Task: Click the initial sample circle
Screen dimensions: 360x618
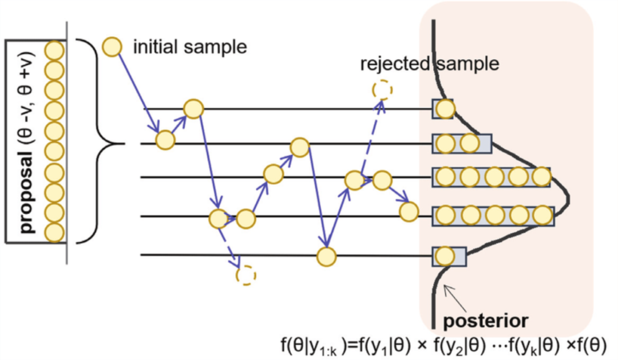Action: point(112,47)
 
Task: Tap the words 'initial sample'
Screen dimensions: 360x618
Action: point(190,47)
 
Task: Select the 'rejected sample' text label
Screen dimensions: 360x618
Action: point(429,64)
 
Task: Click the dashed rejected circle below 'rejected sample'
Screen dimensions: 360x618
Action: point(382,89)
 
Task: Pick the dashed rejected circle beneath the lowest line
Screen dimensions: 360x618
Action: point(246,275)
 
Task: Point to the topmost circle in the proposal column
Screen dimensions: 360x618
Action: point(54,50)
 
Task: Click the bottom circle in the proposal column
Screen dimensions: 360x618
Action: point(54,232)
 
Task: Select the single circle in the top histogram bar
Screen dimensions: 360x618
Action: point(444,108)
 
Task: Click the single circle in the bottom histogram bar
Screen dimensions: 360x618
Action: point(445,255)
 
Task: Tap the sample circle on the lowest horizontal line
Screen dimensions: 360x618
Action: point(326,256)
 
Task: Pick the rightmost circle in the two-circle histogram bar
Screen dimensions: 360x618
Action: point(469,143)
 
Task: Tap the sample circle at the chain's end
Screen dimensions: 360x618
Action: point(408,212)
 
